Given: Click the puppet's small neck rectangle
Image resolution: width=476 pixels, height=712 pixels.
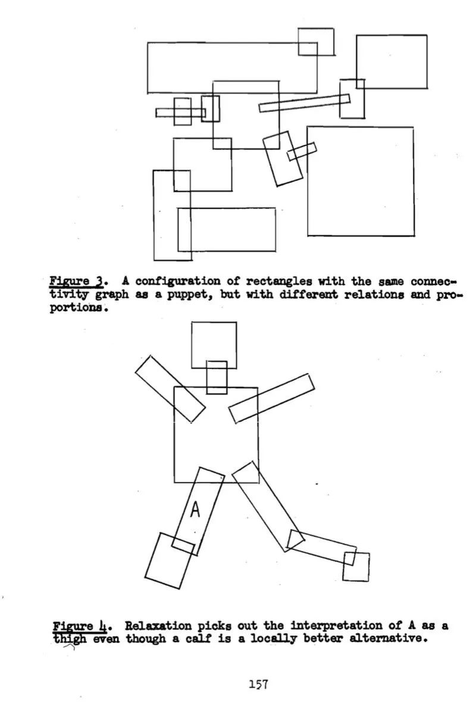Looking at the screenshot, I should click(217, 377).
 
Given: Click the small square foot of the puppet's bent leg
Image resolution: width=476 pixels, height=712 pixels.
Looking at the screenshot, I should click(356, 567).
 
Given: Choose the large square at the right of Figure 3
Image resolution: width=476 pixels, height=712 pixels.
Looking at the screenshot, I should click(360, 181).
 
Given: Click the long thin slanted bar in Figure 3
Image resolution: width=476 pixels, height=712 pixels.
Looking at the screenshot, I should click(303, 103).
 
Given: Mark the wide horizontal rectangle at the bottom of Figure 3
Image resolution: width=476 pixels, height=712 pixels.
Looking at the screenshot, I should click(227, 229).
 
